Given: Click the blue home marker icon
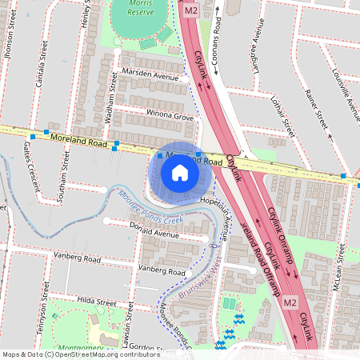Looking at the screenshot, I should click(x=180, y=173).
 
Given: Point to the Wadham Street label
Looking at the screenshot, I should click(x=108, y=103).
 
